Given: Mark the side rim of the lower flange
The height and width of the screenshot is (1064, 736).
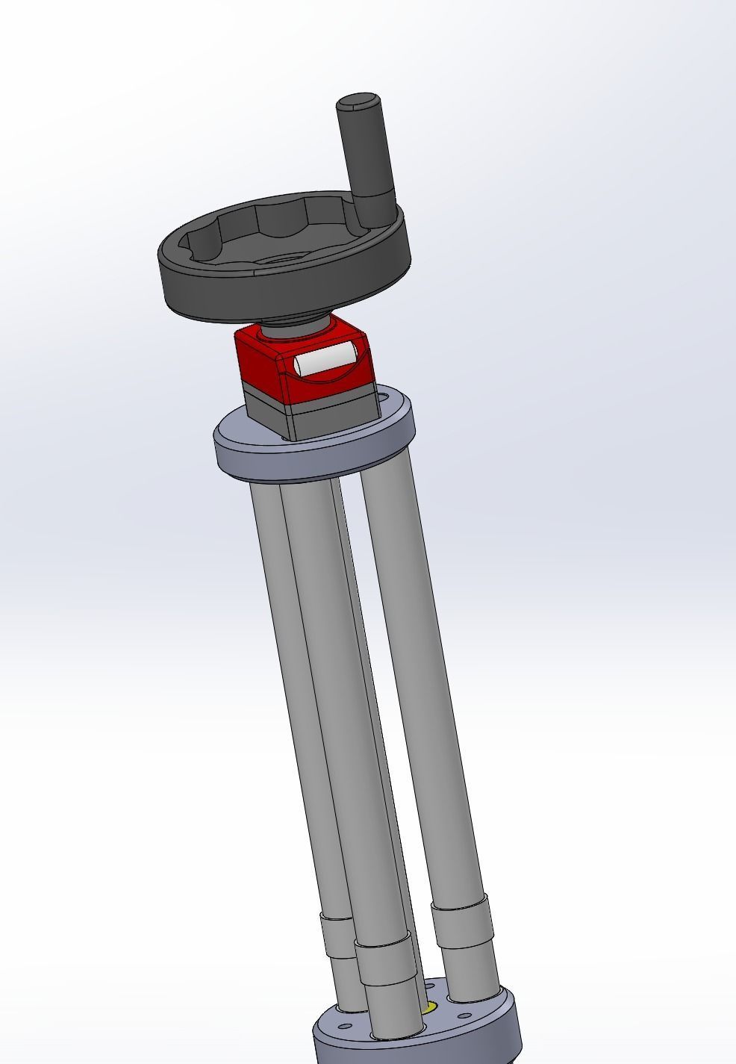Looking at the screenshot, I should click(418, 1042).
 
